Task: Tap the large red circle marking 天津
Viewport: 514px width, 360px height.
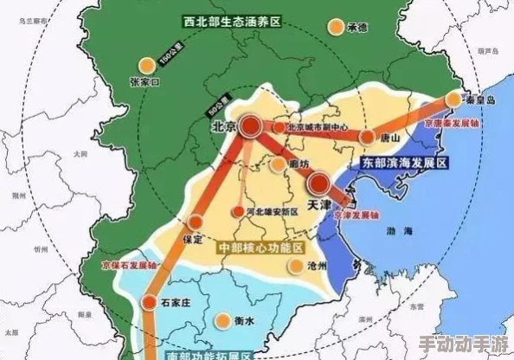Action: pos(319,183)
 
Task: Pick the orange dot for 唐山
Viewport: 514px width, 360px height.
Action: pos(367,137)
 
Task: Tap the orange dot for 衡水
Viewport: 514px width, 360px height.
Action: pos(223,319)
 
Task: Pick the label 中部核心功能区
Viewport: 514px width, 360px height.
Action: pos(260,247)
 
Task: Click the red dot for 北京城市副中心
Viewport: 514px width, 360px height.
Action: pos(279,127)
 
